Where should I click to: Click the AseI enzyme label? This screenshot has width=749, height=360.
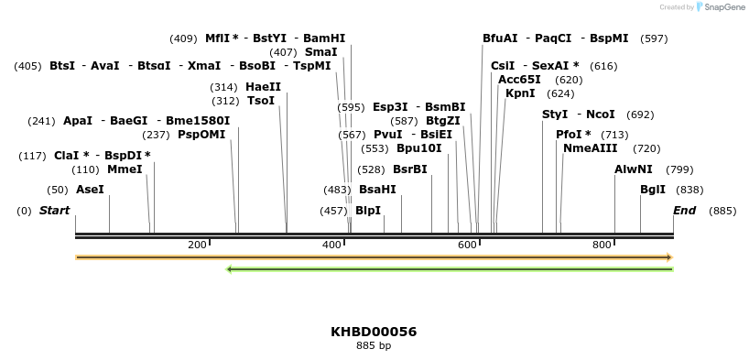(90, 190)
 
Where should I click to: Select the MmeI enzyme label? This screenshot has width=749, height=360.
(125, 169)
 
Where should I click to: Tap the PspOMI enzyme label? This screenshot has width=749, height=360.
(201, 135)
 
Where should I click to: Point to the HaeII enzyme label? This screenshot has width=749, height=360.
(264, 86)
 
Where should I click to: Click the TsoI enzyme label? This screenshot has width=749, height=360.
(261, 101)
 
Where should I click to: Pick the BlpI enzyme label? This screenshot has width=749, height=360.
(368, 211)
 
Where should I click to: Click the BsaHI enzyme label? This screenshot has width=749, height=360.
(377, 190)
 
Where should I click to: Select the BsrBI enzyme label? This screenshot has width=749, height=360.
(409, 169)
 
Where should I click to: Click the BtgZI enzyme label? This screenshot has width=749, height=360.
(443, 121)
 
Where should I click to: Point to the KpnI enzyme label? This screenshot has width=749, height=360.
(520, 93)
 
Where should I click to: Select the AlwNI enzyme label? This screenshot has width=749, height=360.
(634, 169)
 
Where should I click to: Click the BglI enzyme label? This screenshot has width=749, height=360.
(653, 190)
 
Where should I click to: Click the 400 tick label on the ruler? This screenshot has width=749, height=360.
(331, 245)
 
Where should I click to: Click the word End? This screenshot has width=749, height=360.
(685, 211)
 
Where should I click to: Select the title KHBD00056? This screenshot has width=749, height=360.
(374, 331)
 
